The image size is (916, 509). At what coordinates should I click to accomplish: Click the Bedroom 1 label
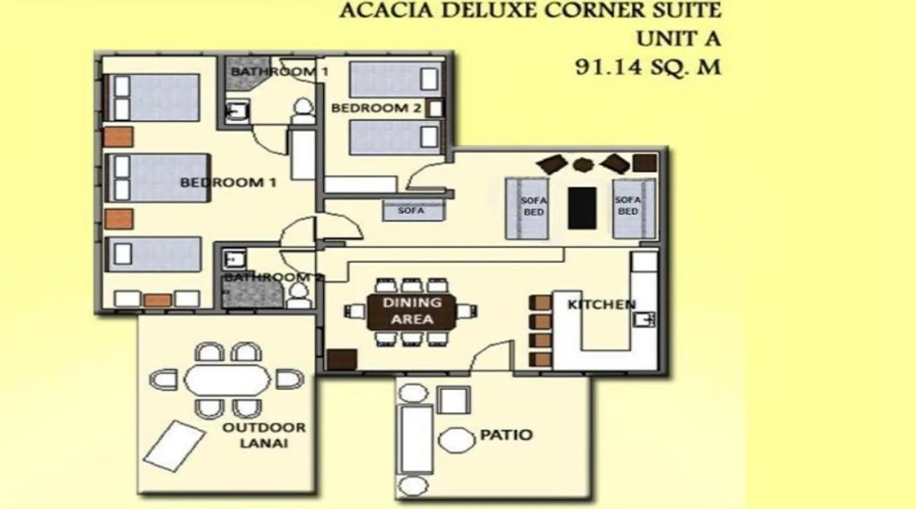[228, 182]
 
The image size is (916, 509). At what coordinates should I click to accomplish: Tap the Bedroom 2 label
[377, 108]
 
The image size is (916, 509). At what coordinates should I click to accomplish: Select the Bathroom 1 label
[280, 71]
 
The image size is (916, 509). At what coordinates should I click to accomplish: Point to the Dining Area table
[412, 311]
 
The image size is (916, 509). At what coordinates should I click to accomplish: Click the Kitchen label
[602, 304]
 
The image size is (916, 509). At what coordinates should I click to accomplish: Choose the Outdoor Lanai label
[264, 435]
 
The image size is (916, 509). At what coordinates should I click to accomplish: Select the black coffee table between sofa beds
[582, 208]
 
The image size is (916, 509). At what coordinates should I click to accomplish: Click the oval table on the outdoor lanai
[227, 380]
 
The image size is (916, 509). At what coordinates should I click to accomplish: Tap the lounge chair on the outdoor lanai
[174, 442]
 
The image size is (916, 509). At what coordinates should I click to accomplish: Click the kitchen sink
[644, 320]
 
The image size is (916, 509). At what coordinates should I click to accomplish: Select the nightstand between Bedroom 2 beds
[435, 108]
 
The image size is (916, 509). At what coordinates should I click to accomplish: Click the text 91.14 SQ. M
[648, 67]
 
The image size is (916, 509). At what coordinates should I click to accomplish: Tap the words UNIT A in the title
[678, 39]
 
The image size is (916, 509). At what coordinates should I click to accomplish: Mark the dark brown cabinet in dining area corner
[341, 360]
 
